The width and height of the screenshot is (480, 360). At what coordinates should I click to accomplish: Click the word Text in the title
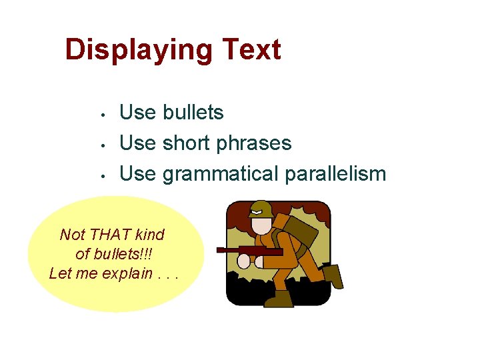click(x=251, y=51)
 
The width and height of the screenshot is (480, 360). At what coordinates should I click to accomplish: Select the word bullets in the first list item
click(x=193, y=113)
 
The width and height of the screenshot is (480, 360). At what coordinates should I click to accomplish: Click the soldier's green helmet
click(x=260, y=209)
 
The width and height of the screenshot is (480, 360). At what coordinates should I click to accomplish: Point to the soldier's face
click(x=259, y=224)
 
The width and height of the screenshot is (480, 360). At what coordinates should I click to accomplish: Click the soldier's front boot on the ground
click(x=279, y=299)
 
